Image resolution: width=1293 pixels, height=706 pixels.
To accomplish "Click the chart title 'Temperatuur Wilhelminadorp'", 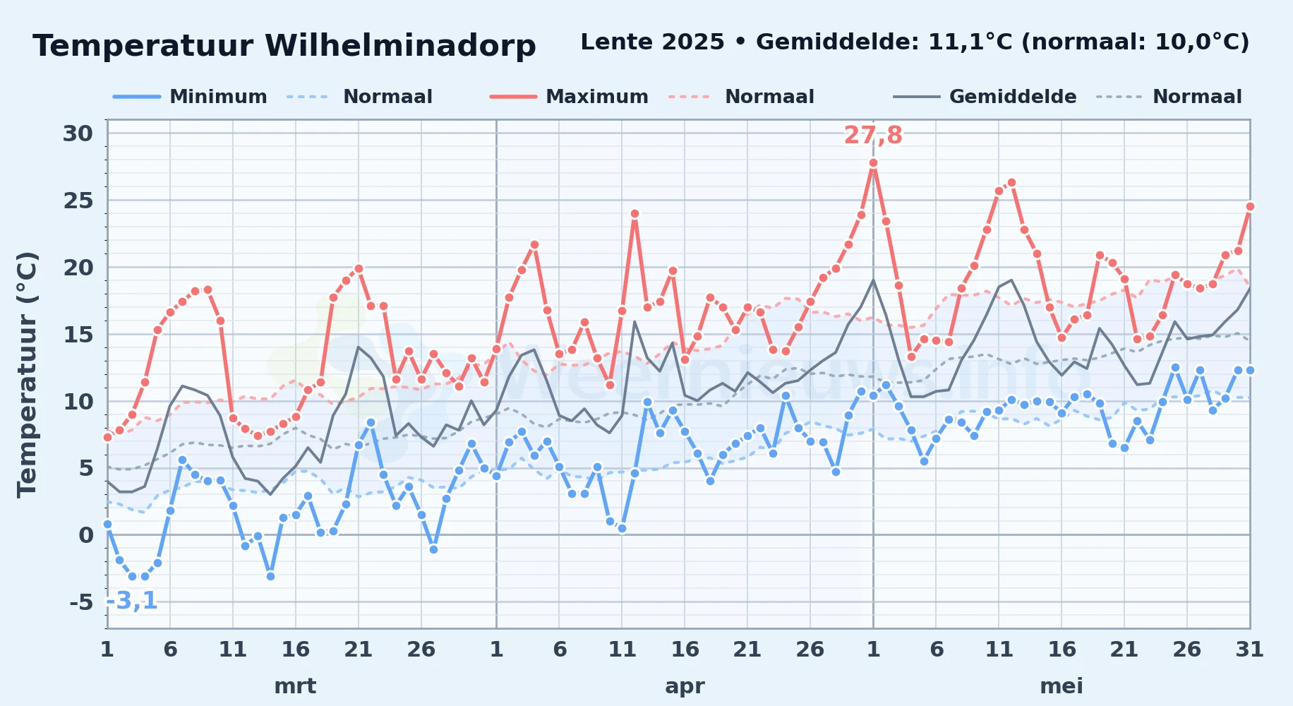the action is click(x=284, y=46).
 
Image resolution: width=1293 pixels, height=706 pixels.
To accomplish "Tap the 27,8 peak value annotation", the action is click(x=873, y=135).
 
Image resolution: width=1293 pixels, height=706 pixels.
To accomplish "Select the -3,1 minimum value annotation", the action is click(x=132, y=601).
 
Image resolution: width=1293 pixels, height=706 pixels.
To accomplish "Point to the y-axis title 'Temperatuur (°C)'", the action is click(x=28, y=374).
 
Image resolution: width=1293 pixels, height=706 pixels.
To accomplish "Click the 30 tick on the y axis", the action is click(x=78, y=133).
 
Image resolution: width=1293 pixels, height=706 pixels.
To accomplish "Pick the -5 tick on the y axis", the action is click(x=81, y=602).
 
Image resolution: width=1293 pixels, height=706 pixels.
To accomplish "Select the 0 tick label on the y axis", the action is click(x=86, y=535).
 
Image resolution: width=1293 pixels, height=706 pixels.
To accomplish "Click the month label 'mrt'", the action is click(x=295, y=686).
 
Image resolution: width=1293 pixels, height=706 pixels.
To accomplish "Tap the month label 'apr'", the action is click(x=685, y=686).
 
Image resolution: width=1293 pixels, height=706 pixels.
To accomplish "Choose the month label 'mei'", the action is click(x=1062, y=686).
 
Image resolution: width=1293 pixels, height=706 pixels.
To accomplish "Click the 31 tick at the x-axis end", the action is click(x=1249, y=649).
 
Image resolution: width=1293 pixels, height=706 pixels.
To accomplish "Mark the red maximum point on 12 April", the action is click(x=635, y=213).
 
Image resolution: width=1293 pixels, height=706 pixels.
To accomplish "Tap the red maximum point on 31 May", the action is click(x=1250, y=206).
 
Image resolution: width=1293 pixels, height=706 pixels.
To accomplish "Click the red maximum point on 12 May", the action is click(x=1011, y=182).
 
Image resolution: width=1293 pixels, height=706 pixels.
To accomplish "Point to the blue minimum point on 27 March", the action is click(x=433, y=549).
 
